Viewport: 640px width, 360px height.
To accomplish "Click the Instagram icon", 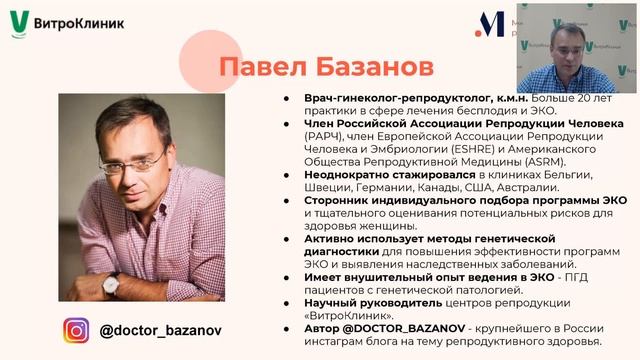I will click(77, 329).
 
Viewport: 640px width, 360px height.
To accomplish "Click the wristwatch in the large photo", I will click(112, 285).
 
